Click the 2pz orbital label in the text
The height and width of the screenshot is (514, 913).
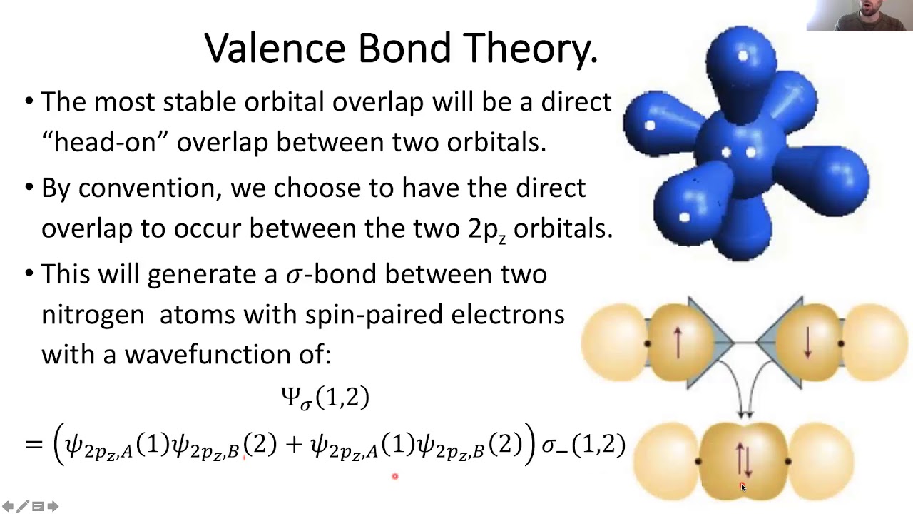point(487,229)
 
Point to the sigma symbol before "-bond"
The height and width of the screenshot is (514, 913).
point(293,275)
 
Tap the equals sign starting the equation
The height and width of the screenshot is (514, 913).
point(34,445)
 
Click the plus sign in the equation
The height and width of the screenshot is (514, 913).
point(293,445)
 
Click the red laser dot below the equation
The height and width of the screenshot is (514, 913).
point(394,476)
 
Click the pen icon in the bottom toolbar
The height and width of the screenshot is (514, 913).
point(23,506)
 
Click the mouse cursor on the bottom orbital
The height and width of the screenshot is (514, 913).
point(743,487)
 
